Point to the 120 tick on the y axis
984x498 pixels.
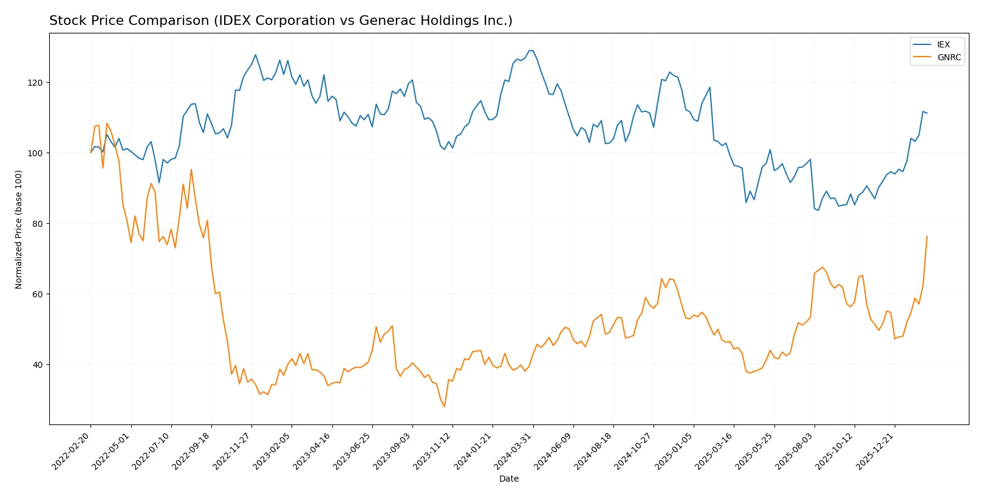tap(36, 83)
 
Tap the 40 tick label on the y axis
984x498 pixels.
tap(38, 365)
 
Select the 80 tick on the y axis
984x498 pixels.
tap(38, 224)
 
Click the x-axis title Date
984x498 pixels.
tap(508, 479)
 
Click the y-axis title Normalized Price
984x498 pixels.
tap(19, 229)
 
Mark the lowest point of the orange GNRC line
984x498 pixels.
tap(445, 407)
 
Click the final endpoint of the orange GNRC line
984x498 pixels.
tap(927, 237)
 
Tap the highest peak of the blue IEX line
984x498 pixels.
tap(531, 50)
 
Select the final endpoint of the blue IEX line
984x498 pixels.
tap(927, 113)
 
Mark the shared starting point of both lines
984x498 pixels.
tap(91, 153)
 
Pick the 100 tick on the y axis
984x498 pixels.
tap(36, 153)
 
